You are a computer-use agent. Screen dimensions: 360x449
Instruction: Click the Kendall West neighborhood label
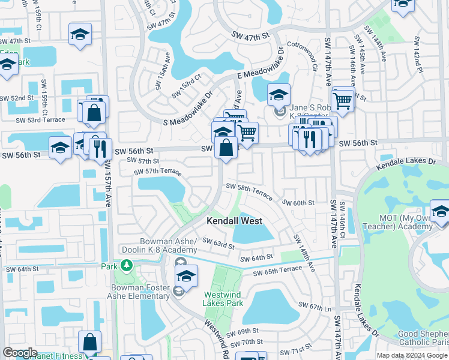click(234, 221)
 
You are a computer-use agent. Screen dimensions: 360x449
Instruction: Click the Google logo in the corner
click(20, 353)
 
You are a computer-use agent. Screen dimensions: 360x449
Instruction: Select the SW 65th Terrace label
click(277, 272)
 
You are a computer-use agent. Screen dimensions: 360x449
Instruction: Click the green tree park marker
click(126, 265)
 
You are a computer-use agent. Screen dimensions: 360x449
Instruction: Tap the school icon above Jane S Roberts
click(279, 95)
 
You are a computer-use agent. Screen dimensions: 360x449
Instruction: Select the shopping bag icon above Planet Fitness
click(89, 342)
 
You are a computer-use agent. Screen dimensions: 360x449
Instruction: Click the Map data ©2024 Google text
click(411, 355)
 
